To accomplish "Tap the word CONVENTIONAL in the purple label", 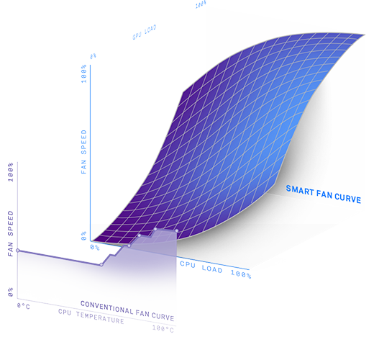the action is [106, 307].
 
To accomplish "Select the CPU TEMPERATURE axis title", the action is [91, 316].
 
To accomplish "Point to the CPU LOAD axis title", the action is [201, 266].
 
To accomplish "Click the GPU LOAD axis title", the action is [145, 32].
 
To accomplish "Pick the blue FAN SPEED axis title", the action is [83, 152].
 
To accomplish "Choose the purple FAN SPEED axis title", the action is [10, 233].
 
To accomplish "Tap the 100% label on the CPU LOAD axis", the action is [241, 274].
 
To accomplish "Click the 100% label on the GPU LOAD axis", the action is [201, 4].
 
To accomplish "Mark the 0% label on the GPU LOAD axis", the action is [93, 56].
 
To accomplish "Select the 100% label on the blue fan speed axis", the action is [83, 73].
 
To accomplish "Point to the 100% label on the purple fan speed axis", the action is [11, 172].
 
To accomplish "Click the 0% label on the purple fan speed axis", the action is [10, 292].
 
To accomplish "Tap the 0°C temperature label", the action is [24, 306].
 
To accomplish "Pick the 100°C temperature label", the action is [163, 329].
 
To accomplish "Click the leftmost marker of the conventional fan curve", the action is [18, 251].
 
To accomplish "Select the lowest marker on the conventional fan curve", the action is [101, 265].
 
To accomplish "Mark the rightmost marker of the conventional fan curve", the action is [177, 230].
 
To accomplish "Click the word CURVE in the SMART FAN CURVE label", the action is [347, 198].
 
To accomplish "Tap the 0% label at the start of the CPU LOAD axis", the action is [95, 247].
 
